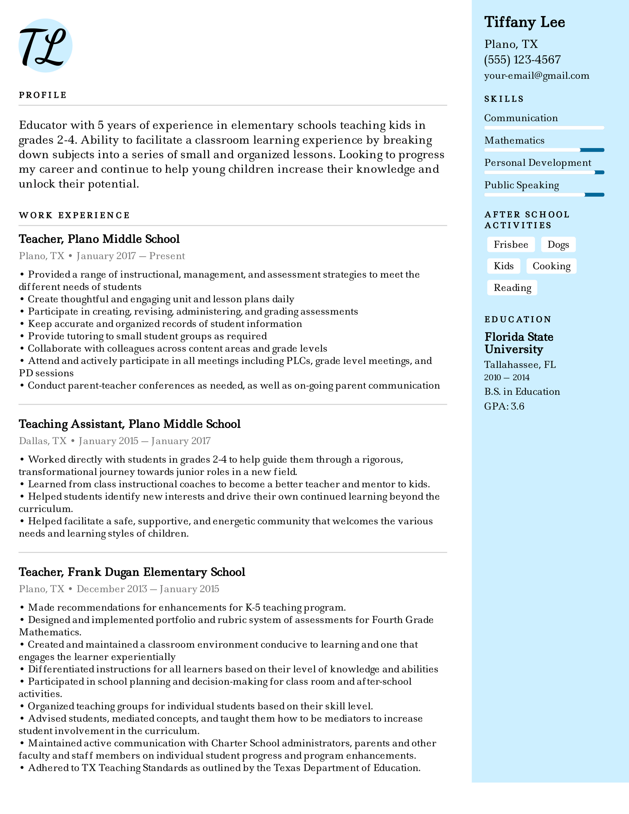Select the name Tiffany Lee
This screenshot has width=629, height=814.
pyautogui.click(x=524, y=22)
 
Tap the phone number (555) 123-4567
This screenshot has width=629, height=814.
pyautogui.click(x=522, y=60)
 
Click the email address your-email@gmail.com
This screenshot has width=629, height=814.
pyautogui.click(x=537, y=76)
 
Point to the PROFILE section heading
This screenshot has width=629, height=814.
pyautogui.click(x=42, y=95)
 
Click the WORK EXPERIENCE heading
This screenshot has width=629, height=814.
pyautogui.click(x=74, y=215)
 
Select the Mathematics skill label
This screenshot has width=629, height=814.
pyautogui.click(x=514, y=141)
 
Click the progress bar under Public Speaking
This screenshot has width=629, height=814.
pyautogui.click(x=544, y=195)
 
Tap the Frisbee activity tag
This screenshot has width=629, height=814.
pyautogui.click(x=510, y=244)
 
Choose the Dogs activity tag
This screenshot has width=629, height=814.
pyautogui.click(x=558, y=244)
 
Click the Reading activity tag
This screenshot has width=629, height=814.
pyautogui.click(x=512, y=288)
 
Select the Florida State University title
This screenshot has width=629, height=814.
pyautogui.click(x=519, y=343)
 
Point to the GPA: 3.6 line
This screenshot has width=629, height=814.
pyautogui.click(x=504, y=406)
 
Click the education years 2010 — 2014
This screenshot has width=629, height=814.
pyautogui.click(x=506, y=377)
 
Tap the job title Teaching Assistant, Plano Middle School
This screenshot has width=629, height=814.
pyautogui.click(x=130, y=424)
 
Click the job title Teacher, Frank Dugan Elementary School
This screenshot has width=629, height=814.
pyautogui.click(x=132, y=572)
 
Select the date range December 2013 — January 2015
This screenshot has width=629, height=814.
pyautogui.click(x=148, y=589)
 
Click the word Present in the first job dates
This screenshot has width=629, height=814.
pyautogui.click(x=167, y=256)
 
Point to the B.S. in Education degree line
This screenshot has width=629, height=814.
pyautogui.click(x=522, y=392)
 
